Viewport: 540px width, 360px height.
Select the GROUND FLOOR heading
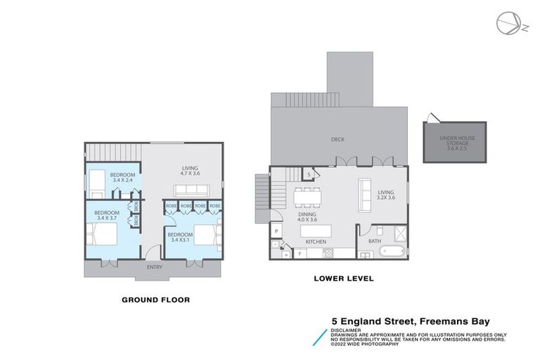tap(155, 300)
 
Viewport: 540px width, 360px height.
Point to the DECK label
tap(337, 139)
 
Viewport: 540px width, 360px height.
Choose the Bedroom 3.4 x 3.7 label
tap(107, 216)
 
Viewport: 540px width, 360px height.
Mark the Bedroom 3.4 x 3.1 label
tap(181, 237)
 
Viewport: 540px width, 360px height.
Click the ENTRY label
tap(155, 267)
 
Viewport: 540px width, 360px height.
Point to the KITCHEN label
tap(315, 242)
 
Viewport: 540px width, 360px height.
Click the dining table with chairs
tap(309, 193)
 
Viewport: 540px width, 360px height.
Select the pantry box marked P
tap(276, 231)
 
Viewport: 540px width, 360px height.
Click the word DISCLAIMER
tap(347, 328)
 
